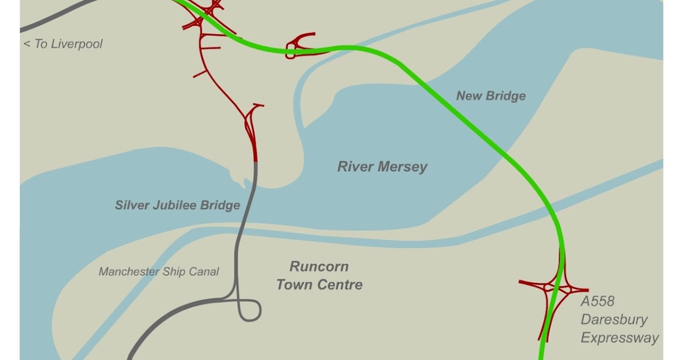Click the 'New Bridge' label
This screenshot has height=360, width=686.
(490, 96)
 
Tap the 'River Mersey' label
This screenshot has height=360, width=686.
(382, 167)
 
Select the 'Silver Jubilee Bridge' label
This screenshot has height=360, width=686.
(177, 205)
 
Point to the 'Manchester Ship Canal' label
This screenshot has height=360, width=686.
(158, 272)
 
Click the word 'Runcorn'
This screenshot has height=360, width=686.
(319, 267)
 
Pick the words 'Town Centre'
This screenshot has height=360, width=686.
(319, 285)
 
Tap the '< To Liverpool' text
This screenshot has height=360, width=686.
(63, 44)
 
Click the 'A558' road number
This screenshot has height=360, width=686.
(597, 302)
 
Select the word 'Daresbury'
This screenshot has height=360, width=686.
(614, 319)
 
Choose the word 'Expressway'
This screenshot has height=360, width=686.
(620, 338)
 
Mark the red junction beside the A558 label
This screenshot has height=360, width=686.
(555, 288)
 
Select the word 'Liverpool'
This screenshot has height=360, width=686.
(77, 44)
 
